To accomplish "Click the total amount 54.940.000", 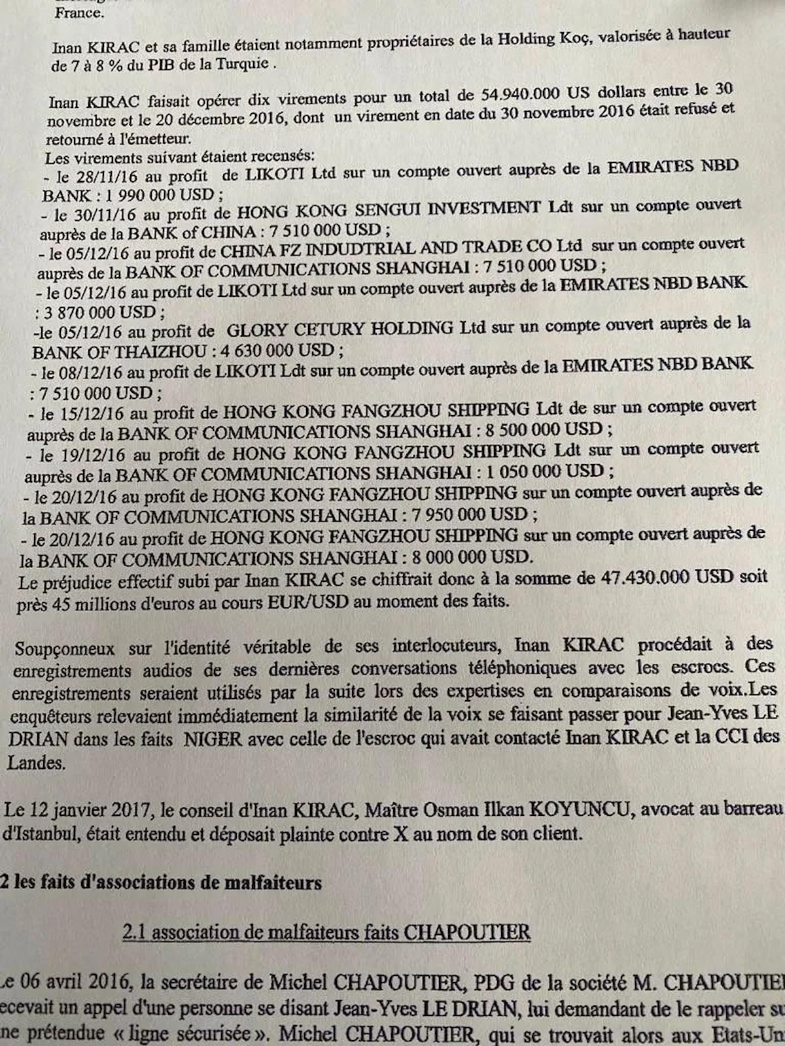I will pos(521,94).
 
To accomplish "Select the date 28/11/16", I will pos(99,177).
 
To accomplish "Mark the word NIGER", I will pos(213,739).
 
